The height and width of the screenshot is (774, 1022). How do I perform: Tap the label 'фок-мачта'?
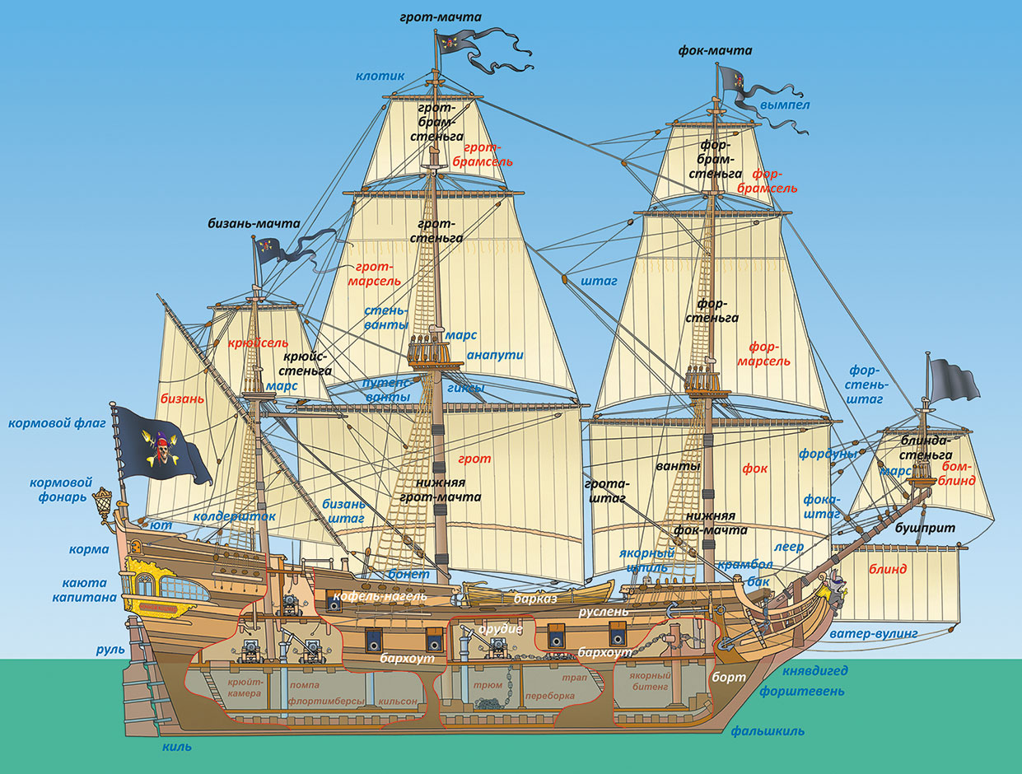pyautogui.click(x=715, y=51)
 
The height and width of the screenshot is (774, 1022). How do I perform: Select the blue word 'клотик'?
pyautogui.click(x=380, y=76)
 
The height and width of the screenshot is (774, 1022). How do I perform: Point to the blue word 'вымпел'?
pyautogui.click(x=785, y=105)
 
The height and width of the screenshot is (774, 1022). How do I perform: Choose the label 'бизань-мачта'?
pyautogui.click(x=254, y=223)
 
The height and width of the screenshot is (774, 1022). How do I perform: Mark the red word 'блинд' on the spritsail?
pyautogui.click(x=888, y=569)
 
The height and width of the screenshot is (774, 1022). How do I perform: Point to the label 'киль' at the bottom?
pyautogui.click(x=177, y=747)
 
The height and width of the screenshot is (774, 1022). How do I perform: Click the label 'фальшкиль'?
pyautogui.click(x=768, y=730)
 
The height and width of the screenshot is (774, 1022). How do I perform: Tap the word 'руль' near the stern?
pyautogui.click(x=110, y=650)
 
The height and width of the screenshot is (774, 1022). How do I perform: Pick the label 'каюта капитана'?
pyautogui.click(x=89, y=590)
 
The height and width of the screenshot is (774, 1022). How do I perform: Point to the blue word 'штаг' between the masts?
pyautogui.click(x=599, y=281)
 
